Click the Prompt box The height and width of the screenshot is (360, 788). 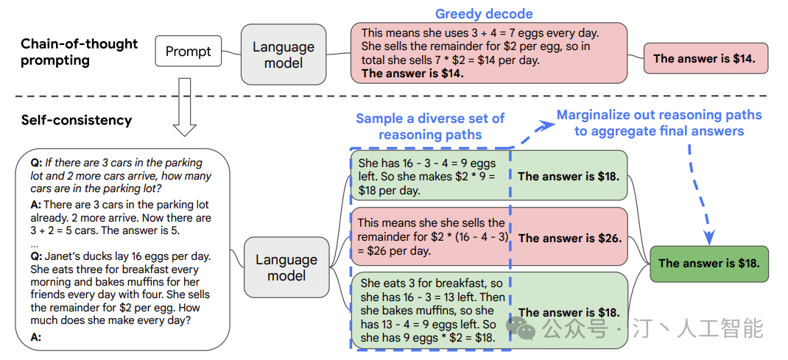click(189, 52)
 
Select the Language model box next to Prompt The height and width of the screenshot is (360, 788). click(283, 54)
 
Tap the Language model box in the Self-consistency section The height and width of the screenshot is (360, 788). click(286, 267)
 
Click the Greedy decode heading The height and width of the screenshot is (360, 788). click(484, 13)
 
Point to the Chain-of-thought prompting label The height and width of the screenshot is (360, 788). click(79, 52)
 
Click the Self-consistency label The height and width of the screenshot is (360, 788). click(77, 121)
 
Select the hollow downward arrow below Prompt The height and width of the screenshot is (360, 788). click(184, 107)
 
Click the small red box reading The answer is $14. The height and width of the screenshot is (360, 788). click(706, 59)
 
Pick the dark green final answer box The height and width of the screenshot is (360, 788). click(709, 264)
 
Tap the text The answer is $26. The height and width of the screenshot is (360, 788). click(570, 238)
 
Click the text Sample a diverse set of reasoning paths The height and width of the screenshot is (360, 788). click(430, 127)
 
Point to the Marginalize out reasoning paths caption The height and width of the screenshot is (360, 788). click(659, 123)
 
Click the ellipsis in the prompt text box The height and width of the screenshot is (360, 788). click(35, 245)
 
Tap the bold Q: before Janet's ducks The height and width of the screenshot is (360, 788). click(36, 257)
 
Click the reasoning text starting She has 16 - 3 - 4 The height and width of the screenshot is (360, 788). click(428, 177)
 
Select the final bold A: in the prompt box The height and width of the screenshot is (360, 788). click(35, 337)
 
